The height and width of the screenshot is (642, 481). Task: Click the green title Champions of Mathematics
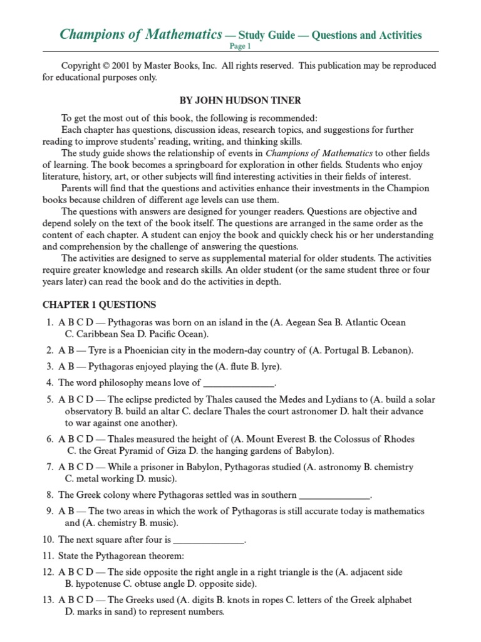click(140, 34)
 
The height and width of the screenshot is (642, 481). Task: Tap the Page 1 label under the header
click(240, 46)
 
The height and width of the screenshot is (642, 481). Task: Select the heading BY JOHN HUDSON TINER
click(240, 100)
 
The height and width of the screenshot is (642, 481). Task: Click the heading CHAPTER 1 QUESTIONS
click(99, 305)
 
